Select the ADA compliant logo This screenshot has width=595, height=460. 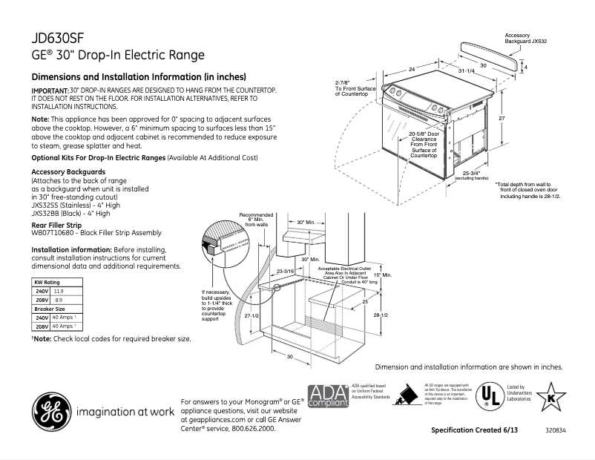pos(327,397)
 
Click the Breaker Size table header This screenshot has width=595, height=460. pos(50,309)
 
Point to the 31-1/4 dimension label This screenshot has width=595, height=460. pos(466,70)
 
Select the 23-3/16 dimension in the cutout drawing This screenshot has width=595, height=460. pos(286,272)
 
